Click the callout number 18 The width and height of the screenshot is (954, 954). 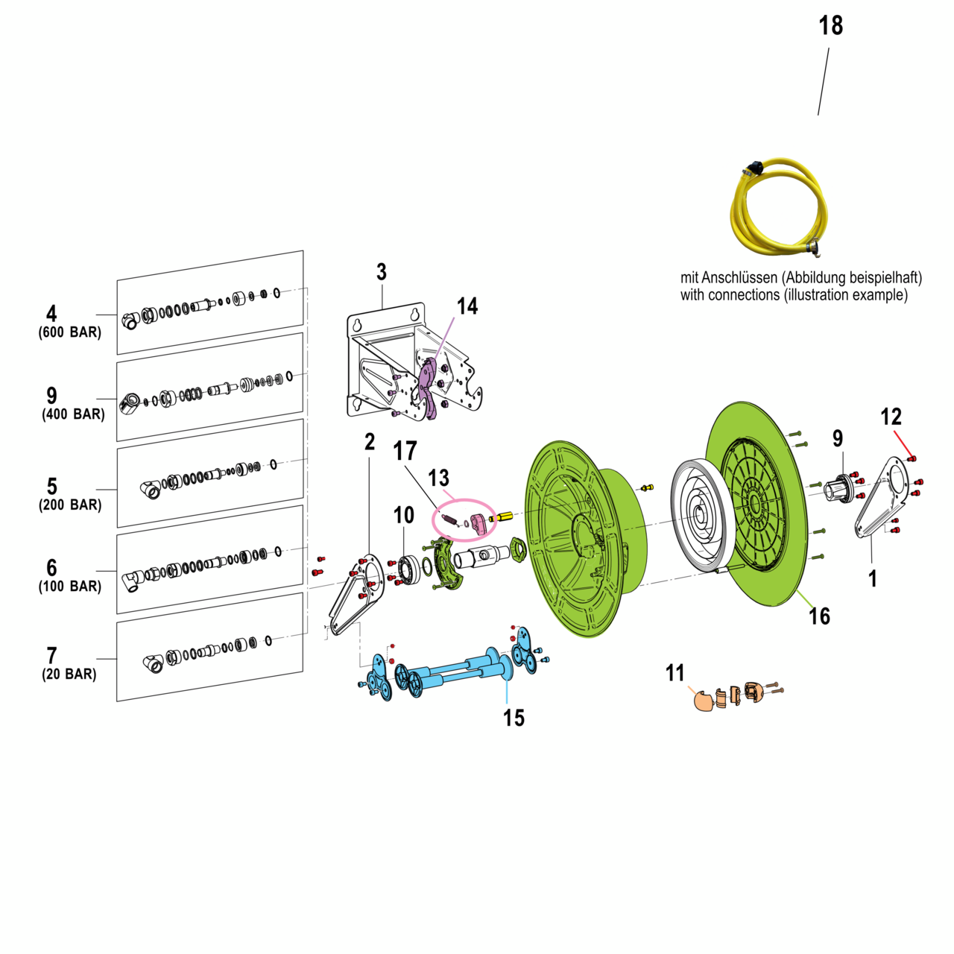pos(830,26)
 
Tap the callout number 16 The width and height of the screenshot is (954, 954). pos(819,616)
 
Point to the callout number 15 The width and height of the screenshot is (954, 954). pos(514,718)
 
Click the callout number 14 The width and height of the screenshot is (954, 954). pos(467,306)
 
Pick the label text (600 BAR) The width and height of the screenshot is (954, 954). pos(70,332)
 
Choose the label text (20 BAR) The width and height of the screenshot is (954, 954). pos(69,675)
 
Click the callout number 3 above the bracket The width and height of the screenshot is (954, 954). pos(382,272)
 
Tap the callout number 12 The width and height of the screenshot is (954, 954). pos(891,417)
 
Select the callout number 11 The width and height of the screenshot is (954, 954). pos(675,674)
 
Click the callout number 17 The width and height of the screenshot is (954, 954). pos(405,451)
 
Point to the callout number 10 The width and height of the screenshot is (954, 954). pos(403,515)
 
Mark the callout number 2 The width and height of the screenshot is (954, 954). pos(370,442)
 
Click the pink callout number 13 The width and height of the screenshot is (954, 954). pos(439,478)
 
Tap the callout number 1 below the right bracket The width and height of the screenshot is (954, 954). pos(873,578)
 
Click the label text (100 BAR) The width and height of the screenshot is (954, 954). pos(70,587)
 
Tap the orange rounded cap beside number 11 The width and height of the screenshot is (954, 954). pos(703,701)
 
